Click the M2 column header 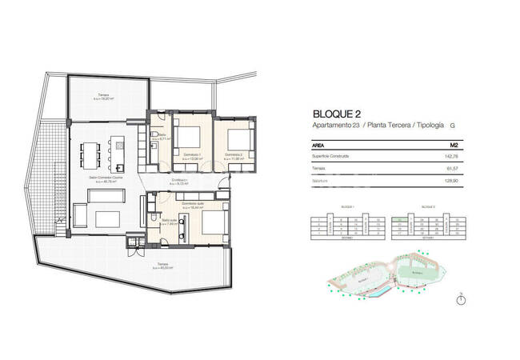tap(453, 145)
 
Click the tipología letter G tap(453, 126)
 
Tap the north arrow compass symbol tap(460, 300)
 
